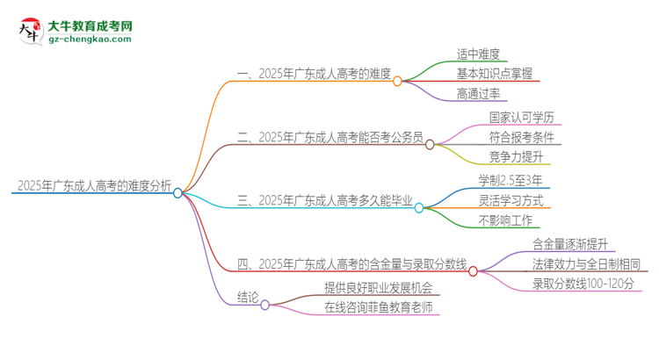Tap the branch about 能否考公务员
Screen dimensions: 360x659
[x=330, y=137]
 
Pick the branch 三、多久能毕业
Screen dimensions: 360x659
[x=325, y=200]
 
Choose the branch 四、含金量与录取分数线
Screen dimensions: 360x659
[x=351, y=263]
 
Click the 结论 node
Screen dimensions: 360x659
[x=248, y=298]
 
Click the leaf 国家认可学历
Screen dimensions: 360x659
[x=521, y=117]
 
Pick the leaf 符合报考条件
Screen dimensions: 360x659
[x=521, y=137]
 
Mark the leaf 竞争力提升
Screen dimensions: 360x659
[x=516, y=158]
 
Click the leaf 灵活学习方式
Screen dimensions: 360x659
[x=511, y=200]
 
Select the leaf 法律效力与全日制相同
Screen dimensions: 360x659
[x=585, y=263]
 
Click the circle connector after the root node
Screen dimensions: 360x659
[x=177, y=192]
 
